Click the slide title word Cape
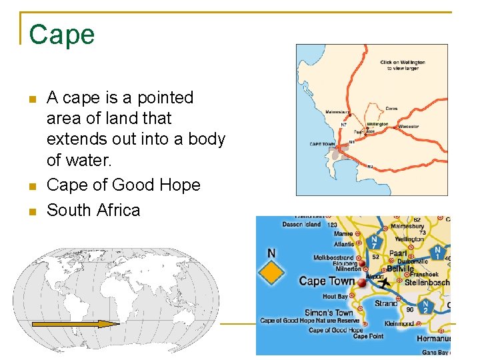pos(62,35)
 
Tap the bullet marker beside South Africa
pos(31,211)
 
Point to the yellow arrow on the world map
pos(75,324)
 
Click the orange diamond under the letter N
pos(271,272)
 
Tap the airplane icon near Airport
pos(384,283)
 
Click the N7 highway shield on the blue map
pos(375,242)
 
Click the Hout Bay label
pos(335,297)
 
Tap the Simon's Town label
pos(329,313)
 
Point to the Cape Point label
pos(368,336)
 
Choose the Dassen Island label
pos(301,225)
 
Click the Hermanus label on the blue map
pos(434,339)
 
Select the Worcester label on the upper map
pos(409,126)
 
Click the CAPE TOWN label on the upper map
pos(322,144)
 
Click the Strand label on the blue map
pos(386,303)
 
